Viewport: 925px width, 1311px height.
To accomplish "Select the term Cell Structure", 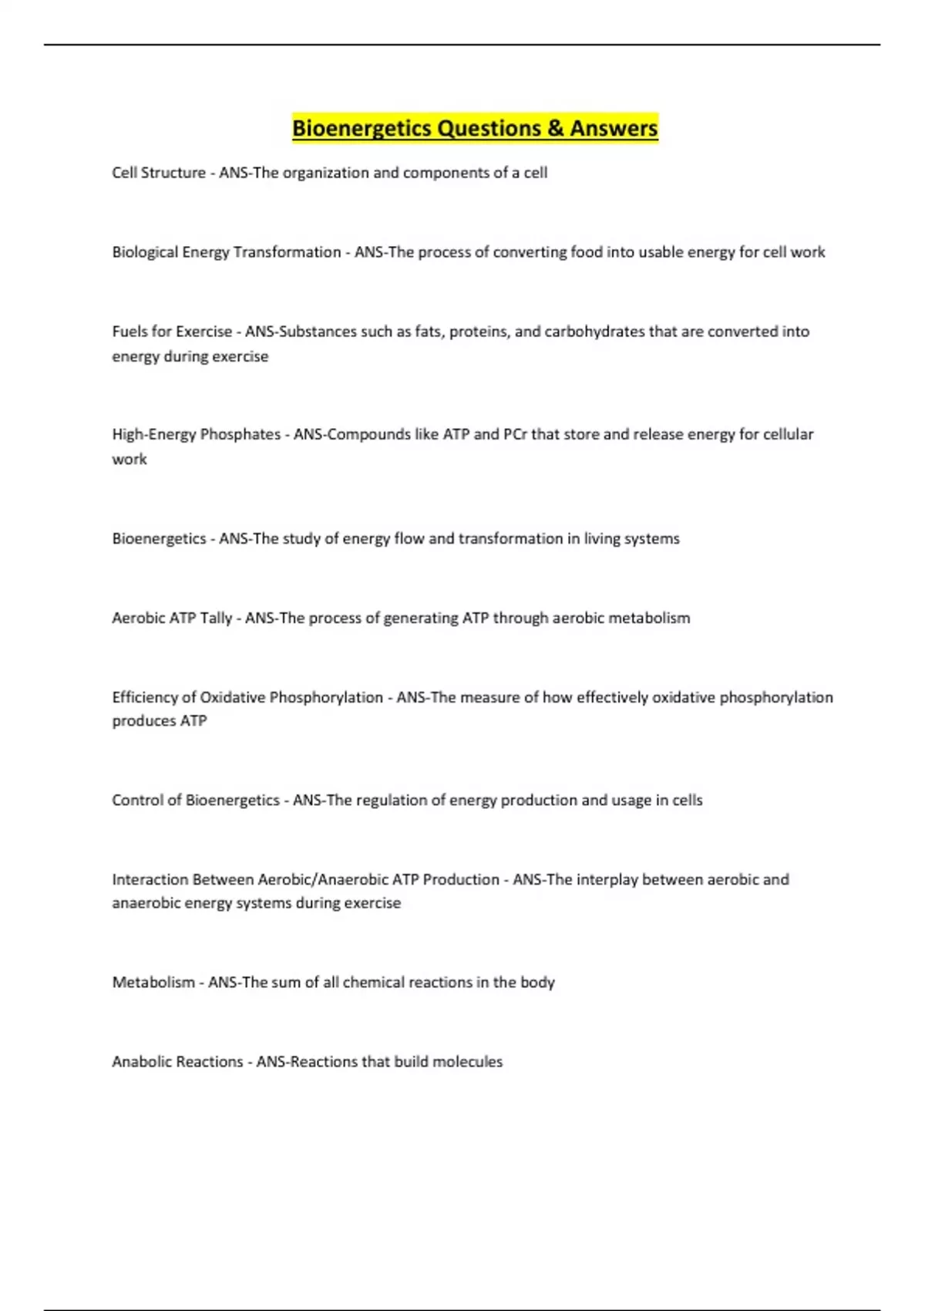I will point(159,173).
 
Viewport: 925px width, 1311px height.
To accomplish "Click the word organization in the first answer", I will point(326,173).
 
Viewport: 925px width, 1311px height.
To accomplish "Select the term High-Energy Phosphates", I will point(197,434).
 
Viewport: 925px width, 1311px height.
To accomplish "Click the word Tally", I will point(216,618).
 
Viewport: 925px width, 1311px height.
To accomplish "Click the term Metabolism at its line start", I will point(153,982).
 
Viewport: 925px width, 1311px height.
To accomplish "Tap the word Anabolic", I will point(143,1062).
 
